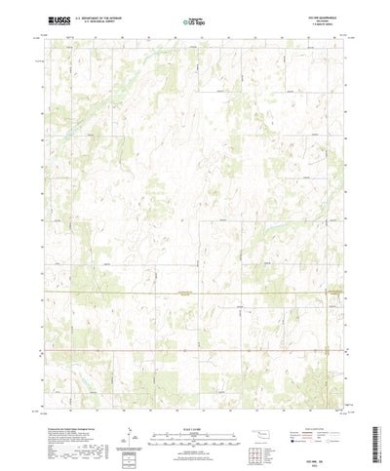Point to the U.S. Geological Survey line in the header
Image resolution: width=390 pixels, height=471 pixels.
(101, 21)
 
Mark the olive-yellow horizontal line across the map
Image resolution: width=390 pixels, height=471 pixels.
(195, 294)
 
